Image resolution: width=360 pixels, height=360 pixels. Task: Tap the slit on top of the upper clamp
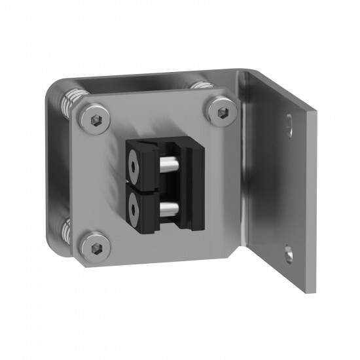151,143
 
